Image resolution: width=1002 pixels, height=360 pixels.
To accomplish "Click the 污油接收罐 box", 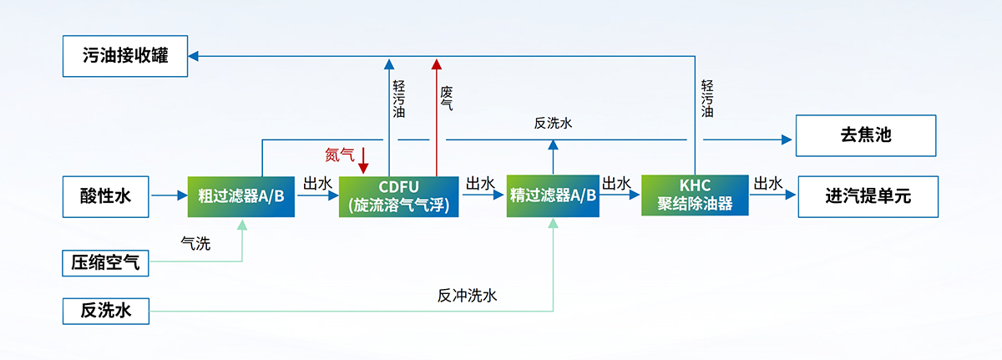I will coord(125,56).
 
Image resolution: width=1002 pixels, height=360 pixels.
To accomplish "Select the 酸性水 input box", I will coord(106,196).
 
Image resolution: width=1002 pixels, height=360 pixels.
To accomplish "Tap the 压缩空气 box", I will coord(106,264).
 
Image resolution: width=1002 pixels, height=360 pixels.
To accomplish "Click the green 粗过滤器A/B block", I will coord(241,196).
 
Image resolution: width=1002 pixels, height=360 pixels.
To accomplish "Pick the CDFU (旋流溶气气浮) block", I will coord(399,196).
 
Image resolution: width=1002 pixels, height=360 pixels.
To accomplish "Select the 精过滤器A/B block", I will coord(553,196).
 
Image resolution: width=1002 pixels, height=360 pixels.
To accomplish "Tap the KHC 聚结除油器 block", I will coord(695,195).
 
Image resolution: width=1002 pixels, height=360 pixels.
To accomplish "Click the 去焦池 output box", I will coord(867,136).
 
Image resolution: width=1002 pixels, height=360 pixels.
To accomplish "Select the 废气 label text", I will coord(447,99).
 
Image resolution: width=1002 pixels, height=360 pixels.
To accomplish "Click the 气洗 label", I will coord(195,244).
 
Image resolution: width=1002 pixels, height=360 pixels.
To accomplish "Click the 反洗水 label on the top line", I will coord(553,123).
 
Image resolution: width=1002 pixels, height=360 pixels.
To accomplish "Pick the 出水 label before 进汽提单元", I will coord(768,183).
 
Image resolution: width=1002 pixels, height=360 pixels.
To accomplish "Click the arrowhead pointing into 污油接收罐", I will coord(194,56).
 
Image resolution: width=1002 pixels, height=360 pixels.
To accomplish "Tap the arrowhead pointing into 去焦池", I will coord(786,139).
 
